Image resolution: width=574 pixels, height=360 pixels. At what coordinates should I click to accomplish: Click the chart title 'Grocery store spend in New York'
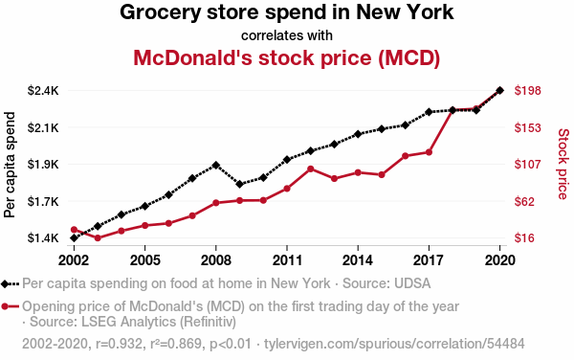pos(287,12)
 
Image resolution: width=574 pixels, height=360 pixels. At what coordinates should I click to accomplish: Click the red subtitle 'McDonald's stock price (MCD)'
pos(287,57)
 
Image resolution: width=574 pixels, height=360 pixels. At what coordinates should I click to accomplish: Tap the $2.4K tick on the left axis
pos(43,90)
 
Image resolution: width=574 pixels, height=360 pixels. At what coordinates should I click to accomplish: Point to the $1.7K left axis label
pos(43,201)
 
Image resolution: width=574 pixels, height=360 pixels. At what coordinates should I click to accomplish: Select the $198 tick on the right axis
pos(527,90)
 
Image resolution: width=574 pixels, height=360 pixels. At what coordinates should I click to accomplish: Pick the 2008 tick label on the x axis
pos(215,260)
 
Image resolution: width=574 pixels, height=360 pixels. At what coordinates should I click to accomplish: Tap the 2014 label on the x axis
pos(358,260)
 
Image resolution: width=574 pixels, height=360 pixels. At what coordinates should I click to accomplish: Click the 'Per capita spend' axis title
pos(10,165)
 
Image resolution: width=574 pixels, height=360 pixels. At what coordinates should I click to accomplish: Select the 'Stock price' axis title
pos(563,164)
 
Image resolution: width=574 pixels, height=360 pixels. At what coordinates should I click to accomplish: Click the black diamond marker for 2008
pos(216,166)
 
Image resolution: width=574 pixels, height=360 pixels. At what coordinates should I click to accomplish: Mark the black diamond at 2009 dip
pos(240,184)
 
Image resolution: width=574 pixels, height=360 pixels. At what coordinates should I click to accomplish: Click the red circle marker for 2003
pos(98,238)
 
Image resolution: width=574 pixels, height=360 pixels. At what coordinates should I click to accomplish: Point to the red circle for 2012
pos(311,169)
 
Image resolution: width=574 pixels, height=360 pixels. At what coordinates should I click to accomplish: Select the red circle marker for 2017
pos(429,152)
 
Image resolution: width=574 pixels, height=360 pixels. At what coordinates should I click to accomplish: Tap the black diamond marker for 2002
pos(74,238)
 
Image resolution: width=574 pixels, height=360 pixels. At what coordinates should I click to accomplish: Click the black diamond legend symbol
pos(10,283)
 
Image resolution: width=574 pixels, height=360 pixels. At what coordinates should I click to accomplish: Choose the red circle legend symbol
pos(10,306)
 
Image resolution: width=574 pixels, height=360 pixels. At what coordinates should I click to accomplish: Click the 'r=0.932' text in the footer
pos(119,344)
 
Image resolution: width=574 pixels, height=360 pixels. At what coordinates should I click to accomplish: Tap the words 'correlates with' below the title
pos(287,35)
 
